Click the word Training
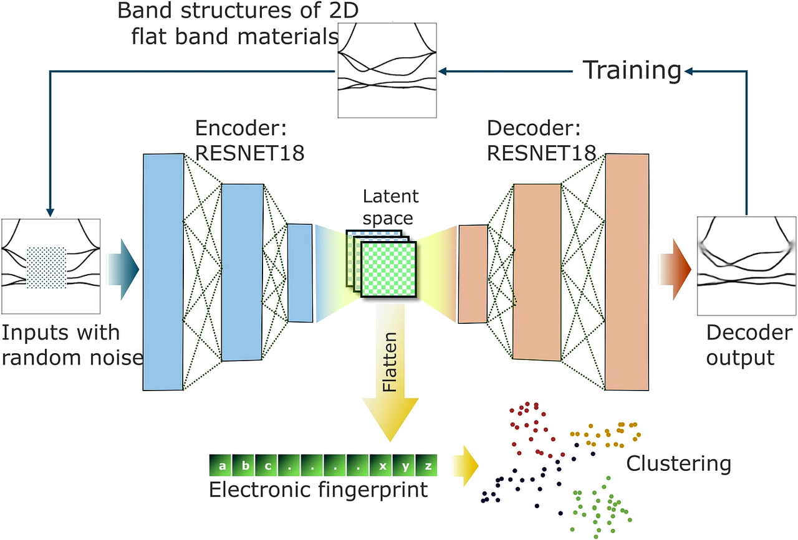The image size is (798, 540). (632, 70)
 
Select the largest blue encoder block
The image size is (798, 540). (163, 272)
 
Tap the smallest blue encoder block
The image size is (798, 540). (300, 273)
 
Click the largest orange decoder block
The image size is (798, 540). (627, 272)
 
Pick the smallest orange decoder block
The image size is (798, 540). (473, 274)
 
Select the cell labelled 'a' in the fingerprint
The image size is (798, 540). (223, 465)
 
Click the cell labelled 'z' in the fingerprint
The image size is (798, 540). (428, 465)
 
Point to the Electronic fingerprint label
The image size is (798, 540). (319, 490)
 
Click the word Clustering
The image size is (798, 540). (678, 463)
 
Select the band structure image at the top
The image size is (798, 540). (387, 70)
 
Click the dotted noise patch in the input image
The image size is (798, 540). (47, 268)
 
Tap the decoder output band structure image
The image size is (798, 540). (746, 265)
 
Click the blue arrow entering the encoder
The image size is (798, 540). (122, 268)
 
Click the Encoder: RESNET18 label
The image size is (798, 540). (250, 140)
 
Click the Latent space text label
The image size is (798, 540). (391, 207)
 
